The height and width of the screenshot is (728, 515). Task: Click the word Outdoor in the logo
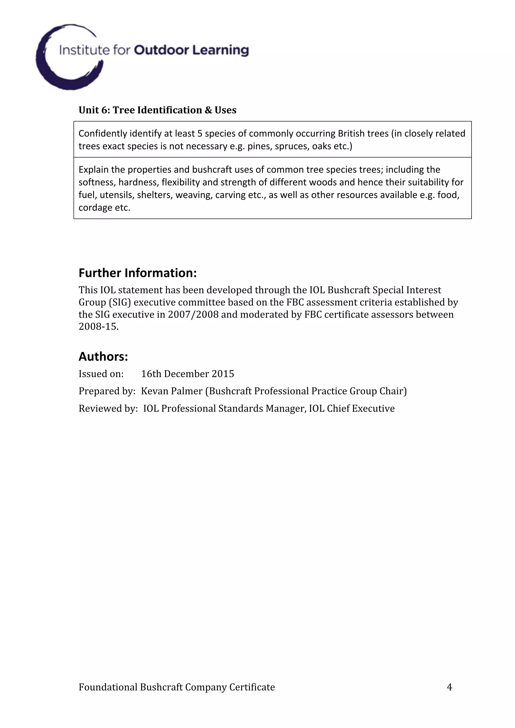161,50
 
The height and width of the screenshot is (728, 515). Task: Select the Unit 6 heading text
157,110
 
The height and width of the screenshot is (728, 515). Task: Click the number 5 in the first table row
200,133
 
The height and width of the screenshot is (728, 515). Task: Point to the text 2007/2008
193,315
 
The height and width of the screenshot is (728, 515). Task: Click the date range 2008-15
98,327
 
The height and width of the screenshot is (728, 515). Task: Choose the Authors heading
103,356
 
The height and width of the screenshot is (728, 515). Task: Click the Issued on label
101,374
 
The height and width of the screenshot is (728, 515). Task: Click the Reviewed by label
108,408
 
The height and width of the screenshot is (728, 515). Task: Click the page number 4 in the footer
449,687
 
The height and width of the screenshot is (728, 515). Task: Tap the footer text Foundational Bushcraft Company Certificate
177,687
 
